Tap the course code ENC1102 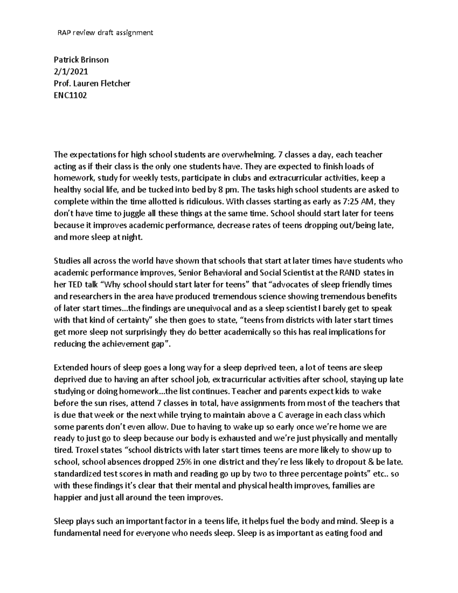pyautogui.click(x=71, y=95)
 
